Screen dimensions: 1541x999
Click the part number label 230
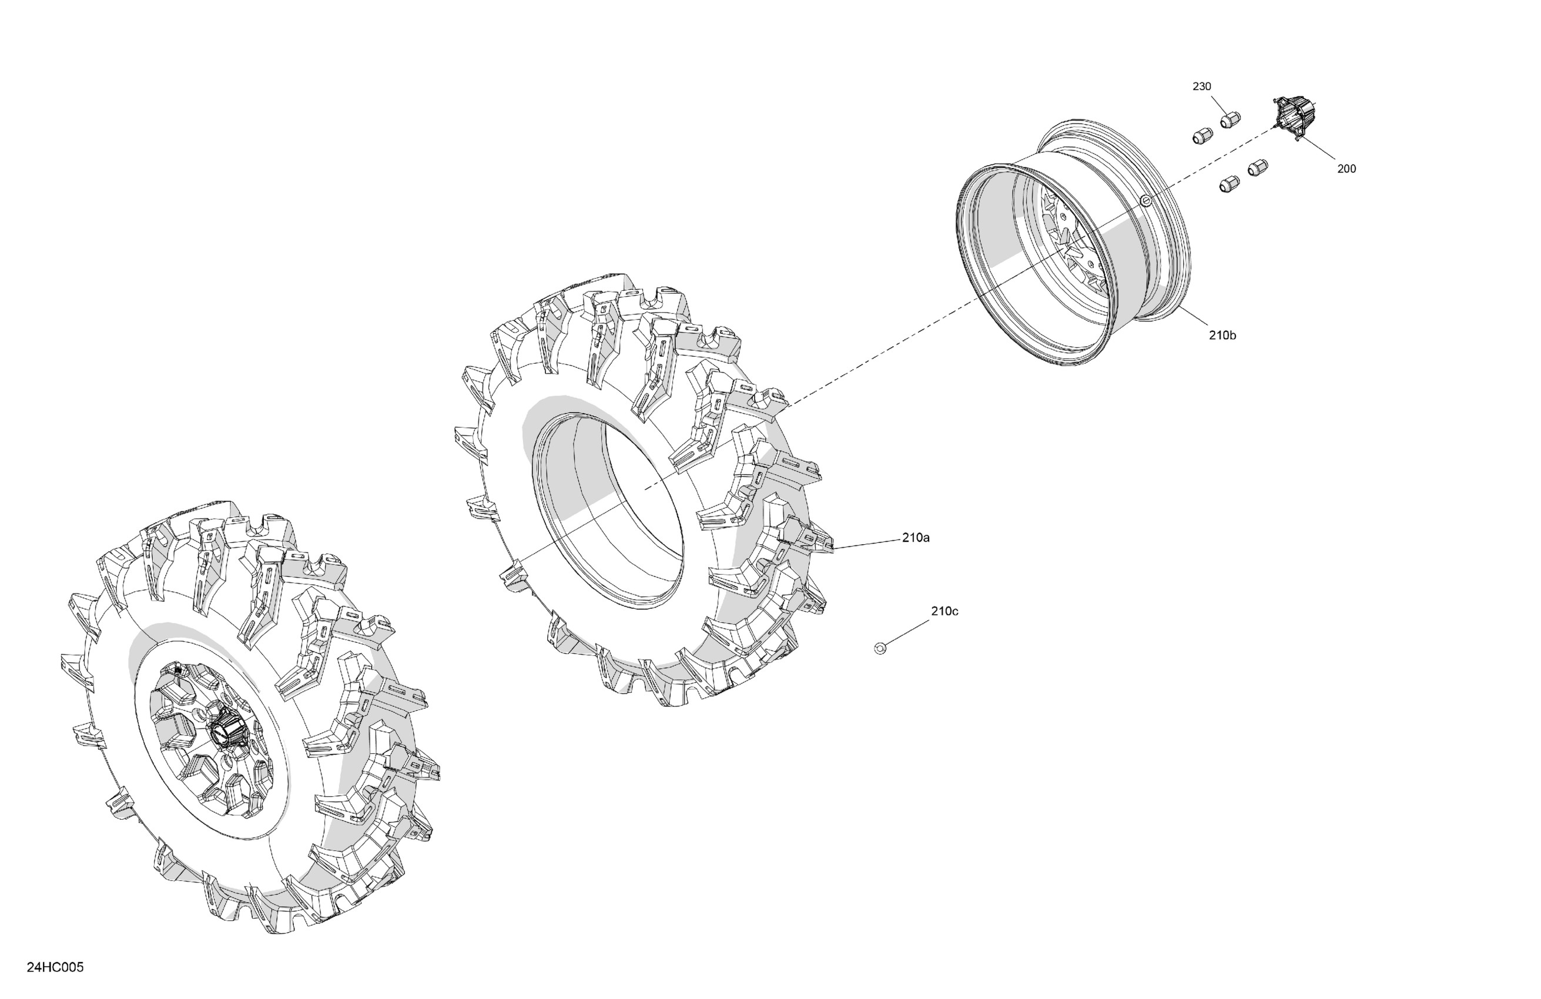[x=1202, y=87]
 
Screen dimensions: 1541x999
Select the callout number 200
[x=1346, y=169]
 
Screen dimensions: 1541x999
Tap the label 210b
[x=1222, y=336]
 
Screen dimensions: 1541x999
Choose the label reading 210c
[x=944, y=611]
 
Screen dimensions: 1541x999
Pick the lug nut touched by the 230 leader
[x=1230, y=120]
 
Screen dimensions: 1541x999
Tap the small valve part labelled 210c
[x=880, y=648]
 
